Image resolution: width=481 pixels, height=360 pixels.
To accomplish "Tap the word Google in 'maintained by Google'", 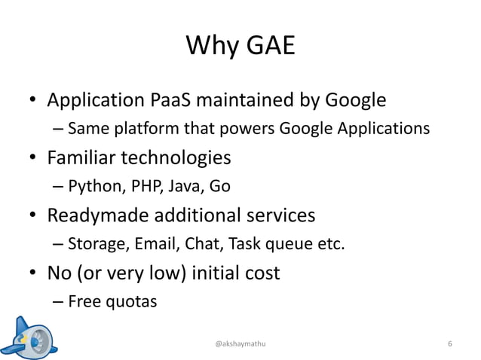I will point(355,100).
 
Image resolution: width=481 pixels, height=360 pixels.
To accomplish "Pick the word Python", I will point(89,186).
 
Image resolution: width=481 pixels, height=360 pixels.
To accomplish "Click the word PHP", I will point(135,186).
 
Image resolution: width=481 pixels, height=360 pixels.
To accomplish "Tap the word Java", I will point(177,186).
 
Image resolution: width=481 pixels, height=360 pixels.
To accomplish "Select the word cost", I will point(259,272).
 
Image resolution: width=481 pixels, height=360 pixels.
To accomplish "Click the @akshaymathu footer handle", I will point(240,343).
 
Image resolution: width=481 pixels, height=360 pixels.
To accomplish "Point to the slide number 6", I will point(449,343).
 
